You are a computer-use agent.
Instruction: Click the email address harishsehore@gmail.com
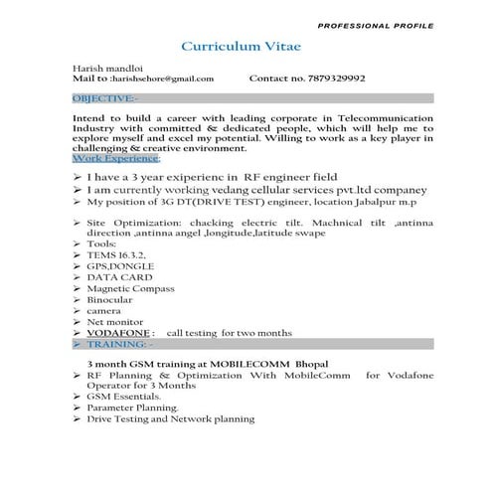[x=162, y=78]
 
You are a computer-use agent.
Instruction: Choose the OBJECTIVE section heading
[x=105, y=98]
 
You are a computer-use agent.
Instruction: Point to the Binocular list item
[x=109, y=307]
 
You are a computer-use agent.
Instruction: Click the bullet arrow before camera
[x=78, y=309]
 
